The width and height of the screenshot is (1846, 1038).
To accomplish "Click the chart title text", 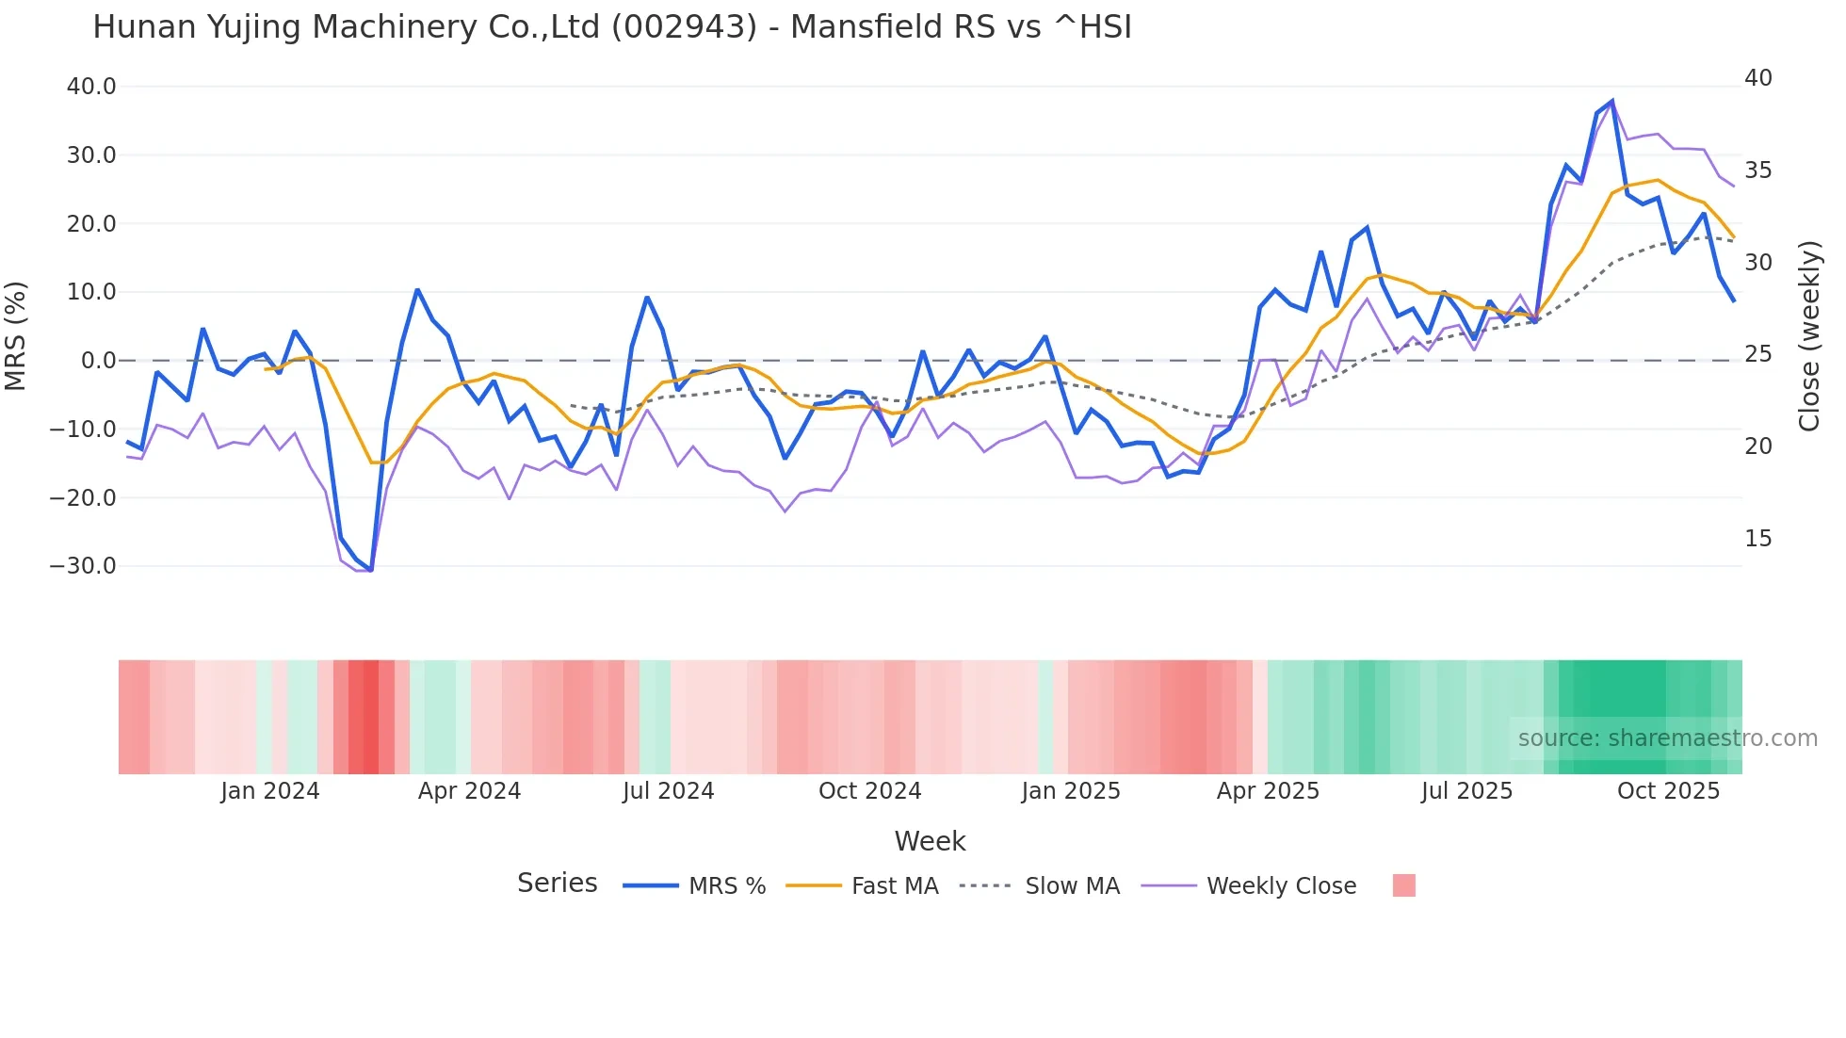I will [x=612, y=27].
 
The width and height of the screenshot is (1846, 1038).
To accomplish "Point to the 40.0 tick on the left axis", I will [x=91, y=87].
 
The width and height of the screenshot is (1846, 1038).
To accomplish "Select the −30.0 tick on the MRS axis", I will [x=84, y=566].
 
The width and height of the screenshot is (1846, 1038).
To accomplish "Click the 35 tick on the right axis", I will [x=1757, y=170].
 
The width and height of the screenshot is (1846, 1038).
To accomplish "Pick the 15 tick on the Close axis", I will [x=1757, y=539].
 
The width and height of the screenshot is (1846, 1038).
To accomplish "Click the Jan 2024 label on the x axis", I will [x=270, y=791].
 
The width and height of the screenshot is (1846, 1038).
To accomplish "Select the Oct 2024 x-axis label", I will [x=869, y=791].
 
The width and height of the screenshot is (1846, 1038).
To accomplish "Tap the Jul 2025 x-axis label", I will [x=1466, y=791].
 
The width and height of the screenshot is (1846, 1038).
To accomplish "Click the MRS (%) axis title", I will [x=16, y=335].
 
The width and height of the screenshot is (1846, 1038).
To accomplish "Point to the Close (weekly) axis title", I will [x=1809, y=335].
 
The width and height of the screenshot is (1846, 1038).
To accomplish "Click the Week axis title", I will [x=930, y=841].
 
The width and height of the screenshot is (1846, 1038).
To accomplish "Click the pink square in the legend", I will [x=1403, y=885].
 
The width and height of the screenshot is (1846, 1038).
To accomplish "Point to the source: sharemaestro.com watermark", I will [x=1667, y=738].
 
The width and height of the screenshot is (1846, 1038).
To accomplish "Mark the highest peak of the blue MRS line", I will [x=1612, y=101].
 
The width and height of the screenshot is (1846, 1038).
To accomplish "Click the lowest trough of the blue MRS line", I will [x=371, y=570].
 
